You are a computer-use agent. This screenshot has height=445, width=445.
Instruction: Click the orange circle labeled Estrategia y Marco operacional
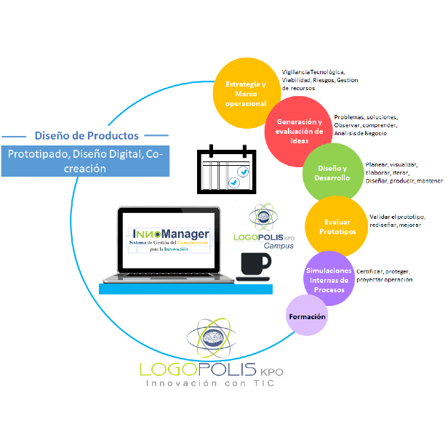245,93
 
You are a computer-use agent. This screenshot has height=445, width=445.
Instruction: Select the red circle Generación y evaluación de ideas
299,131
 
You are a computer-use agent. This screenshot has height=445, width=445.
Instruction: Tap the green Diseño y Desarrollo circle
332,173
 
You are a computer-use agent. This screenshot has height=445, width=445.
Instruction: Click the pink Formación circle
308,316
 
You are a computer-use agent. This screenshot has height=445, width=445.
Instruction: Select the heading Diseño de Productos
87,135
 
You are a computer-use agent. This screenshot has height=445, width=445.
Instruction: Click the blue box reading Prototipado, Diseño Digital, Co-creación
85,161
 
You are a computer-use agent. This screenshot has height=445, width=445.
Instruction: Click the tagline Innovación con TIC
213,383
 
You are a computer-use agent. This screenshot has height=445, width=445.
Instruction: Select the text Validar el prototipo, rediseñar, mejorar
395,221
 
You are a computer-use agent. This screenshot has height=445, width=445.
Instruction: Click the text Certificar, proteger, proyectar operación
385,275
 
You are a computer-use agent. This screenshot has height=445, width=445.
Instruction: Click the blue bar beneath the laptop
185,289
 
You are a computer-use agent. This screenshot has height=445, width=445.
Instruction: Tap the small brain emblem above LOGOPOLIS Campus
262,217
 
